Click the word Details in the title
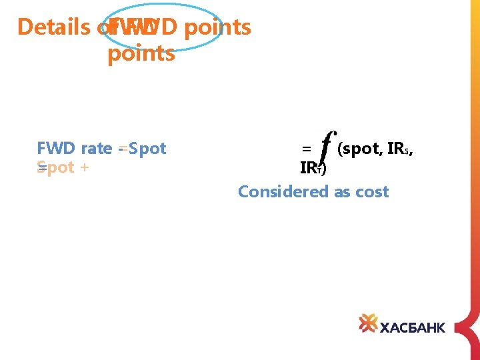(53, 27)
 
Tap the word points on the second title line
(141, 53)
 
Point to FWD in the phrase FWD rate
(57, 148)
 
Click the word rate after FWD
(96, 148)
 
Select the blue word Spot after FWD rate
(148, 148)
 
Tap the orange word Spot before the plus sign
(56, 167)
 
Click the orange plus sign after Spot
(84, 167)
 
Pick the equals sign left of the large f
(306, 149)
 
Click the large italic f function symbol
(325, 147)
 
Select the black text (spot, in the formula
(360, 149)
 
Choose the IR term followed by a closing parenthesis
(313, 169)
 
